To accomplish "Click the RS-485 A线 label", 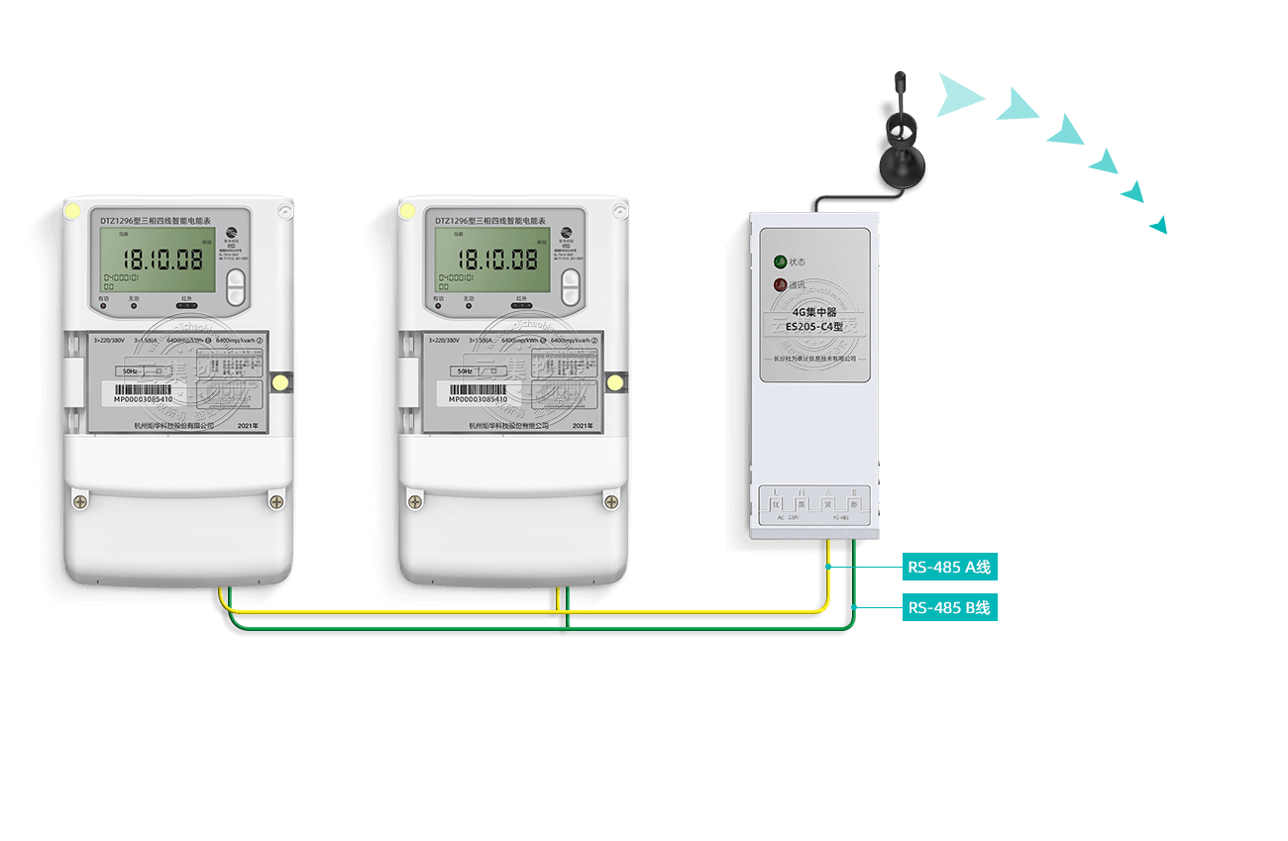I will [949, 568].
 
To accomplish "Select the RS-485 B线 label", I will [949, 607].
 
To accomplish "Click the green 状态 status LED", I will [781, 262].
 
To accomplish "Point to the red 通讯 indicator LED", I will [781, 286].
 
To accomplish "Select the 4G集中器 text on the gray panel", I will [814, 311].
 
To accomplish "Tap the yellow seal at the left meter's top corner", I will [72, 210].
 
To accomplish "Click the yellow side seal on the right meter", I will [614, 382].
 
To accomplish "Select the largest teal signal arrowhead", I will [959, 95].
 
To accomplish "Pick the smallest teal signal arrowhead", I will [1158, 227].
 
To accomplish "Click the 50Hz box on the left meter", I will [132, 371].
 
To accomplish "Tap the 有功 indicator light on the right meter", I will [438, 305].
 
